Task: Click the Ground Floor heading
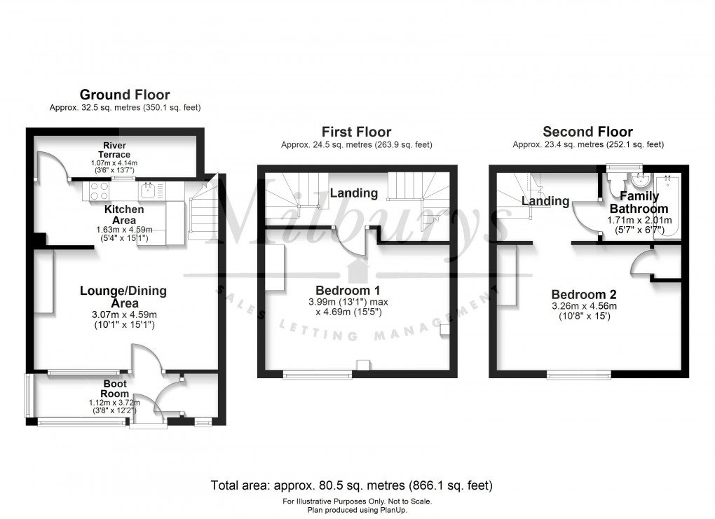tap(125, 95)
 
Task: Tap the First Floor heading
tap(356, 132)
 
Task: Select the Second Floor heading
tap(587, 132)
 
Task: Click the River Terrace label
tap(114, 150)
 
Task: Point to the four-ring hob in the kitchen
tap(99, 191)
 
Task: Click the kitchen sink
tap(147, 190)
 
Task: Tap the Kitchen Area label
tap(125, 214)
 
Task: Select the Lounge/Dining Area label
tap(123, 297)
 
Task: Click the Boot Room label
tap(116, 389)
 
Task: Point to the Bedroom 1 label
tap(348, 291)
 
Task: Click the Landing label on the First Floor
tap(354, 193)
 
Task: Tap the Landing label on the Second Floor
tap(545, 202)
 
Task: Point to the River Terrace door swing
tap(53, 165)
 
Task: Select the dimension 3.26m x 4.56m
tap(584, 306)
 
